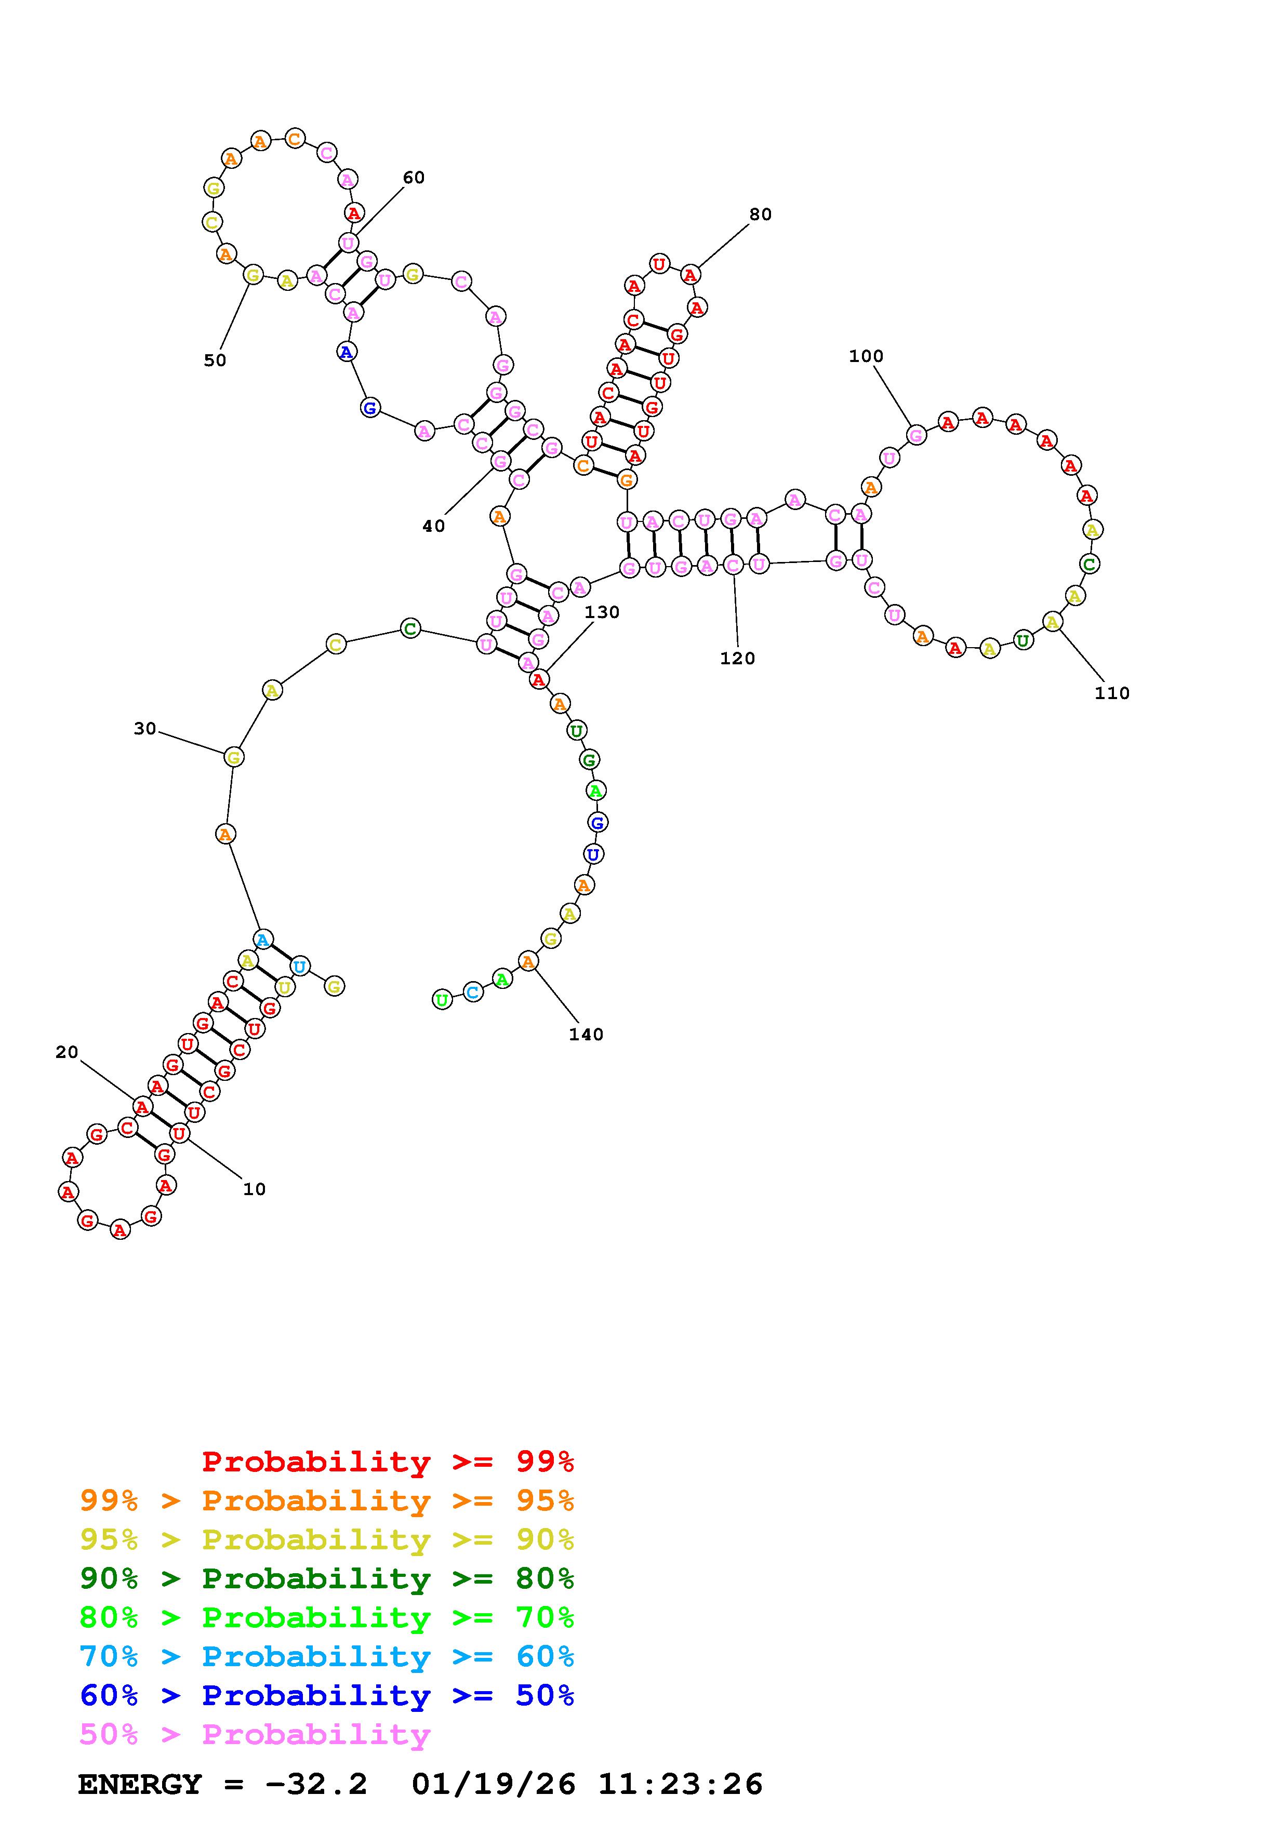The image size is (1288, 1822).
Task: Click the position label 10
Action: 254,1189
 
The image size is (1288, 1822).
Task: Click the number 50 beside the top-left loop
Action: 215,360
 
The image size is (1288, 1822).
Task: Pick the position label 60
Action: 414,177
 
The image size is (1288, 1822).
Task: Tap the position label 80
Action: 760,215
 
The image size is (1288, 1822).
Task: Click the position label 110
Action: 1112,693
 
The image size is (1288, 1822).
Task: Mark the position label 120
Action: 737,658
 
